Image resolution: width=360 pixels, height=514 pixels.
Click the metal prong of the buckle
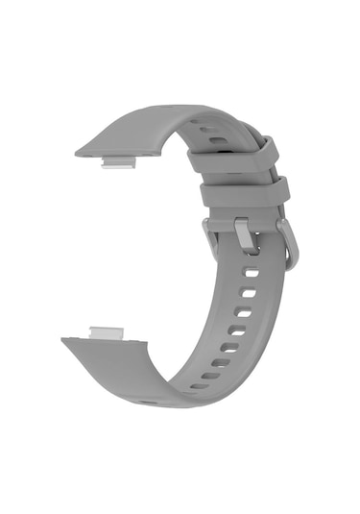tap(245, 233)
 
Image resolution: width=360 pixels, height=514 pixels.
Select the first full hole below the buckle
tap(251, 273)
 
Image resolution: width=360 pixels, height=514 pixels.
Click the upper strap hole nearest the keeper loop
tap(219, 139)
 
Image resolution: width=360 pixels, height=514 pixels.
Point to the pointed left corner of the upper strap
tap(78, 152)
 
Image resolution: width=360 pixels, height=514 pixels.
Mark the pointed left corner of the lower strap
tap(64, 339)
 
